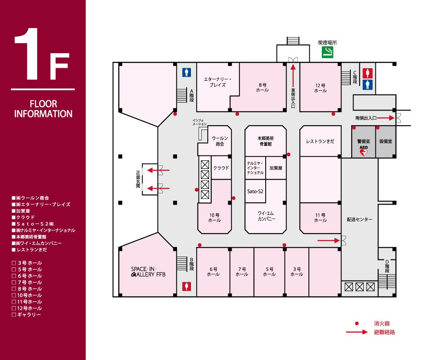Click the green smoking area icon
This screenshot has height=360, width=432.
point(327,53)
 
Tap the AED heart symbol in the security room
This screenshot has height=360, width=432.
point(363,152)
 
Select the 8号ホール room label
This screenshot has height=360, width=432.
point(262,88)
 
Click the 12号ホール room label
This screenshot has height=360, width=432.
point(321,88)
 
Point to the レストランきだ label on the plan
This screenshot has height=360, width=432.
point(320,142)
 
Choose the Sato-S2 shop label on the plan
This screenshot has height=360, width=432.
point(255,191)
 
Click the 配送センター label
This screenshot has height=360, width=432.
point(359,219)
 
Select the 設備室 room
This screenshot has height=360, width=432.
point(385,142)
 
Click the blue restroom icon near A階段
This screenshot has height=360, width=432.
point(187,72)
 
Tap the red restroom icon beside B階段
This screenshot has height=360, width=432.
point(187,286)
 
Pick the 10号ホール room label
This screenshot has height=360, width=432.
point(214,218)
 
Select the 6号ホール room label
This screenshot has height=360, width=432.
point(213,272)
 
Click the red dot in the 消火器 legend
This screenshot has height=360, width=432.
point(356,323)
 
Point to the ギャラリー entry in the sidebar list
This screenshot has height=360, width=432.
point(29,315)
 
